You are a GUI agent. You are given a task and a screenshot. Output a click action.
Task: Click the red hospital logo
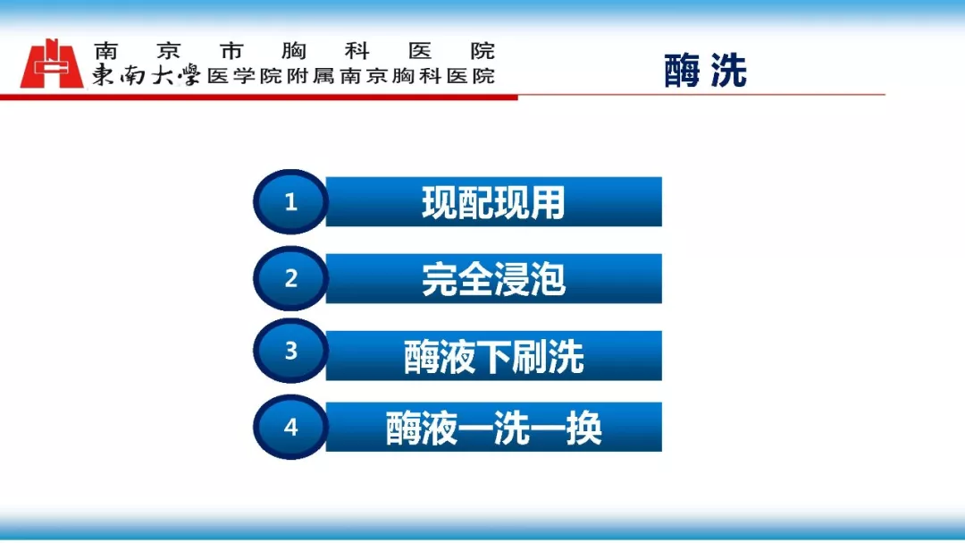click(51, 64)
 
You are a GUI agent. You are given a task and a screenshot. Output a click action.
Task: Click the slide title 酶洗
click(705, 71)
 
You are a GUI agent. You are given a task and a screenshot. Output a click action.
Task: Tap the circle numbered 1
click(290, 201)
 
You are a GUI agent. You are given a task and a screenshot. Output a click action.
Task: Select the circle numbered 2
click(290, 278)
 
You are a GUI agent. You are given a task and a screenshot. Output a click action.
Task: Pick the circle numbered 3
click(290, 351)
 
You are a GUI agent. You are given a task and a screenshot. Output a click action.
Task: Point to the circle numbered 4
click(290, 427)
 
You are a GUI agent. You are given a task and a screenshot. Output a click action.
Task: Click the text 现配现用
click(493, 202)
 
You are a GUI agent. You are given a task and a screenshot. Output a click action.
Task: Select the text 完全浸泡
click(493, 279)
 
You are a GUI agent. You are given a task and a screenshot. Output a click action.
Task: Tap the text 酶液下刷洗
click(493, 356)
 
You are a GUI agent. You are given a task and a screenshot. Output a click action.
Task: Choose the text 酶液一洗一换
click(493, 428)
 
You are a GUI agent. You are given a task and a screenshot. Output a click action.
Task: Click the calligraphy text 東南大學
click(147, 74)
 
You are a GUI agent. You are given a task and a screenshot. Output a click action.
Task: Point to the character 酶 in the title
click(683, 71)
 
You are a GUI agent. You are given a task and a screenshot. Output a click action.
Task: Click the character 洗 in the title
click(729, 71)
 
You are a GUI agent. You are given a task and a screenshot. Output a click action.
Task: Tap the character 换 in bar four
click(584, 428)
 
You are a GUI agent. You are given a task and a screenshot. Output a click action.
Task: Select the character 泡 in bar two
click(547, 279)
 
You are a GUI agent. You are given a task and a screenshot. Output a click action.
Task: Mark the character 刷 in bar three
click(529, 356)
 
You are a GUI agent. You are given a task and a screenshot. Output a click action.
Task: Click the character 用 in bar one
click(547, 202)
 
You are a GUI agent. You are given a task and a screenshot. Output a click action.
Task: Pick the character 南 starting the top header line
click(106, 50)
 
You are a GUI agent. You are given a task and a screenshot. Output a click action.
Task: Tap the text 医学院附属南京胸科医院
click(351, 76)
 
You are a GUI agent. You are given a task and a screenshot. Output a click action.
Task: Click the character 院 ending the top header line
click(483, 50)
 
